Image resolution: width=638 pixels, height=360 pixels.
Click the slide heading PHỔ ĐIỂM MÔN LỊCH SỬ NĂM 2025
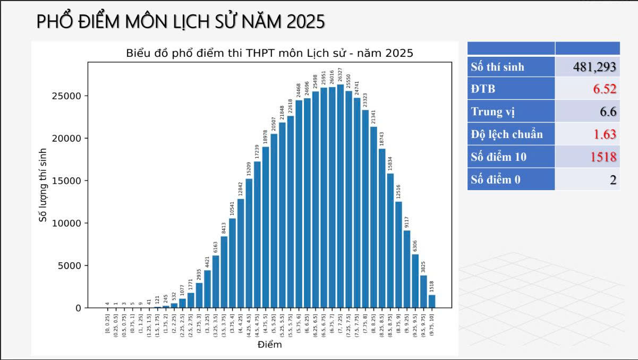(181, 22)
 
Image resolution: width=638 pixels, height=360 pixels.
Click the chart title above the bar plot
(269, 53)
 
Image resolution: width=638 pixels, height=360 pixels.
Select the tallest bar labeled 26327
(341, 196)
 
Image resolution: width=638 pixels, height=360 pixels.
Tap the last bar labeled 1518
(432, 301)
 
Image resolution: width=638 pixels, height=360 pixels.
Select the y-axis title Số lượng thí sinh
(44, 184)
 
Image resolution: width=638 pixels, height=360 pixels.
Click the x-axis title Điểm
(269, 345)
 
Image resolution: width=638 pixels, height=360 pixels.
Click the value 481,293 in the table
(594, 67)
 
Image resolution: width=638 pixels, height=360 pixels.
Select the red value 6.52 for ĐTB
(605, 89)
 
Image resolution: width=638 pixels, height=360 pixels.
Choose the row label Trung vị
(492, 112)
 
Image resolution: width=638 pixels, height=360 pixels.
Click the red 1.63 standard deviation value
(605, 134)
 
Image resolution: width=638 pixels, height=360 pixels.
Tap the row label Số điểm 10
(498, 157)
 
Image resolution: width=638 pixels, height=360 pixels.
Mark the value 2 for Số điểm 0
(613, 180)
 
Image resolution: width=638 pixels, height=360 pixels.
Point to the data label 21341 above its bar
(373, 117)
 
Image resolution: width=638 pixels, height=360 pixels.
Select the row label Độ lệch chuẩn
(507, 134)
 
